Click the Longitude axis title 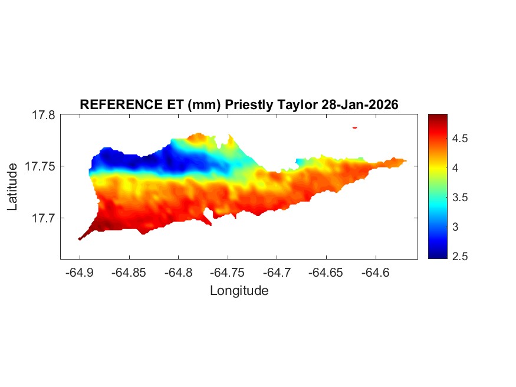point(239,291)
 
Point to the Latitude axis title point(12,187)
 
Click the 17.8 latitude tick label point(44,115)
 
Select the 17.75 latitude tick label point(40,166)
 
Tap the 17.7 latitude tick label point(44,218)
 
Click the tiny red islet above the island point(355,127)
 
